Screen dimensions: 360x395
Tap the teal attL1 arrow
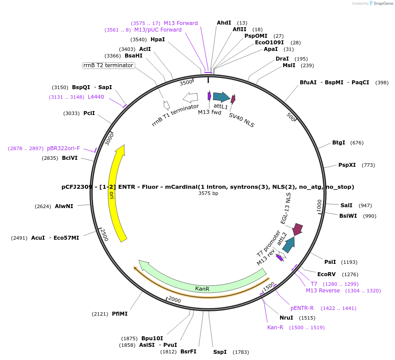pyautogui.click(x=221, y=97)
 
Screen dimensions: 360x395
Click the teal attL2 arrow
pyautogui.click(x=288, y=245)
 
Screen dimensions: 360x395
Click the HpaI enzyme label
pyautogui.click(x=158, y=40)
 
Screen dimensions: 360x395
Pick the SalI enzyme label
pyautogui.click(x=346, y=205)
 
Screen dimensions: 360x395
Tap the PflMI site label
pyautogui.click(x=120, y=314)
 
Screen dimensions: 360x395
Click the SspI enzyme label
pyautogui.click(x=220, y=352)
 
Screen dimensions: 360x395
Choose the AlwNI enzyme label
pyautogui.click(x=64, y=206)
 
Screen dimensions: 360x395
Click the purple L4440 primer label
pyautogui.click(x=96, y=97)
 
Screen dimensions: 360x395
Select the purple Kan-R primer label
pyautogui.click(x=275, y=328)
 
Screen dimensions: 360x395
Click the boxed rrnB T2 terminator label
pyautogui.click(x=108, y=65)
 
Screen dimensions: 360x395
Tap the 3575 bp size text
pyautogui.click(x=208, y=193)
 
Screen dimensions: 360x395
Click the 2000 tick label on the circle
pyautogui.click(x=174, y=300)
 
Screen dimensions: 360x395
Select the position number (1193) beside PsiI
pyautogui.click(x=349, y=262)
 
